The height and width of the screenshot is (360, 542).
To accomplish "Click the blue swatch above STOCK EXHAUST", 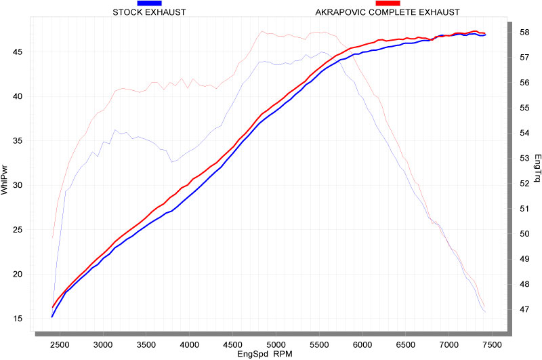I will tap(149, 3).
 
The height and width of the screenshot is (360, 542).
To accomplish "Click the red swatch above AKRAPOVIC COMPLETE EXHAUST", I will tap(388, 3).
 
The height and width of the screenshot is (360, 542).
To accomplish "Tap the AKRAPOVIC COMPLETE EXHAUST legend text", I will tap(388, 12).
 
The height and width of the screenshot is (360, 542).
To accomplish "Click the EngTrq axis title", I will tap(537, 167).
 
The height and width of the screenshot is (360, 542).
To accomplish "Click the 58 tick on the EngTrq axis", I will tap(524, 32).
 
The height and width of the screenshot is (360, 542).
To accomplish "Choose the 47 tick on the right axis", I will tap(524, 309).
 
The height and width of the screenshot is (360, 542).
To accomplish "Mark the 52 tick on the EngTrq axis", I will tap(524, 183).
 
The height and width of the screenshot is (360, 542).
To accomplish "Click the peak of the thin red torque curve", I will tap(262, 31).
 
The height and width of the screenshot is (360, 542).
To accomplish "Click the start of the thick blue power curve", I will tap(52, 317).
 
